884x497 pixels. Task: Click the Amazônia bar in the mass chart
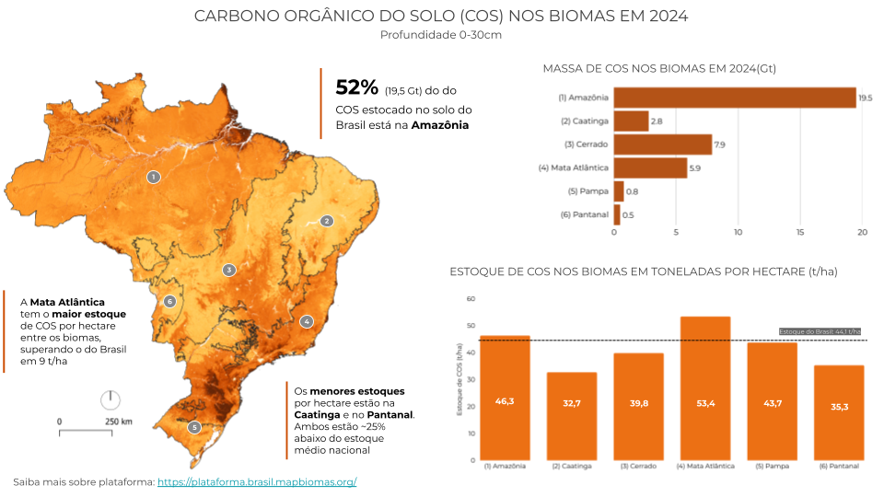point(735,98)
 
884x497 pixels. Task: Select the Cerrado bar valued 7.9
point(663,144)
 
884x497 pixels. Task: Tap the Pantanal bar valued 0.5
point(617,214)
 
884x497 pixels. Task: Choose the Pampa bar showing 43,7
point(772,401)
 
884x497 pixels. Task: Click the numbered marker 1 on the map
point(154,176)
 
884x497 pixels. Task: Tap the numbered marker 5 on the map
point(194,427)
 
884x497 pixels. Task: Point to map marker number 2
point(326,221)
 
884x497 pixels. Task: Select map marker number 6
point(169,301)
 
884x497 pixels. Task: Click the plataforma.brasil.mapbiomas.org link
point(257,482)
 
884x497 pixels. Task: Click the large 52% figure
point(356,87)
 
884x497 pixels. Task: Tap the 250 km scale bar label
point(118,422)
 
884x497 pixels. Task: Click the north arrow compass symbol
point(110,399)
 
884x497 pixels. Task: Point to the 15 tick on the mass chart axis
point(800,232)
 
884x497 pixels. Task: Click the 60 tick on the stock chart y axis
point(471,299)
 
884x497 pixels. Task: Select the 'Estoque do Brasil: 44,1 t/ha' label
point(820,331)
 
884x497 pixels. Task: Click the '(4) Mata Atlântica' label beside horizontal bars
point(573,168)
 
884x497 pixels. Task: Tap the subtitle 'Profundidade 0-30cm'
point(441,35)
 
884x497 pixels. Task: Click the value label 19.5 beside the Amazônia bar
point(865,98)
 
